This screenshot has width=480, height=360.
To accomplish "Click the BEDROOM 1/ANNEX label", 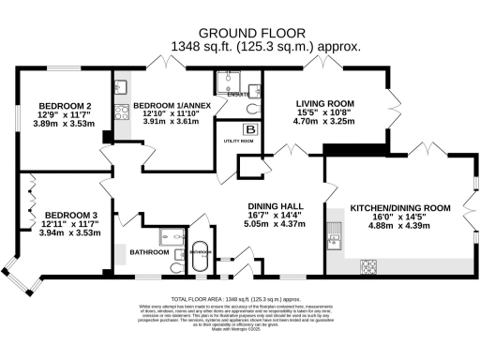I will pos(165,106).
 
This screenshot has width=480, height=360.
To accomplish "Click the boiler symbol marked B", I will pos(249,129).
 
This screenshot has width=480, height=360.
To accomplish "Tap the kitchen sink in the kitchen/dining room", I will pos(335,241).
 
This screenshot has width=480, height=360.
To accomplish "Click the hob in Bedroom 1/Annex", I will pos(120,112).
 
